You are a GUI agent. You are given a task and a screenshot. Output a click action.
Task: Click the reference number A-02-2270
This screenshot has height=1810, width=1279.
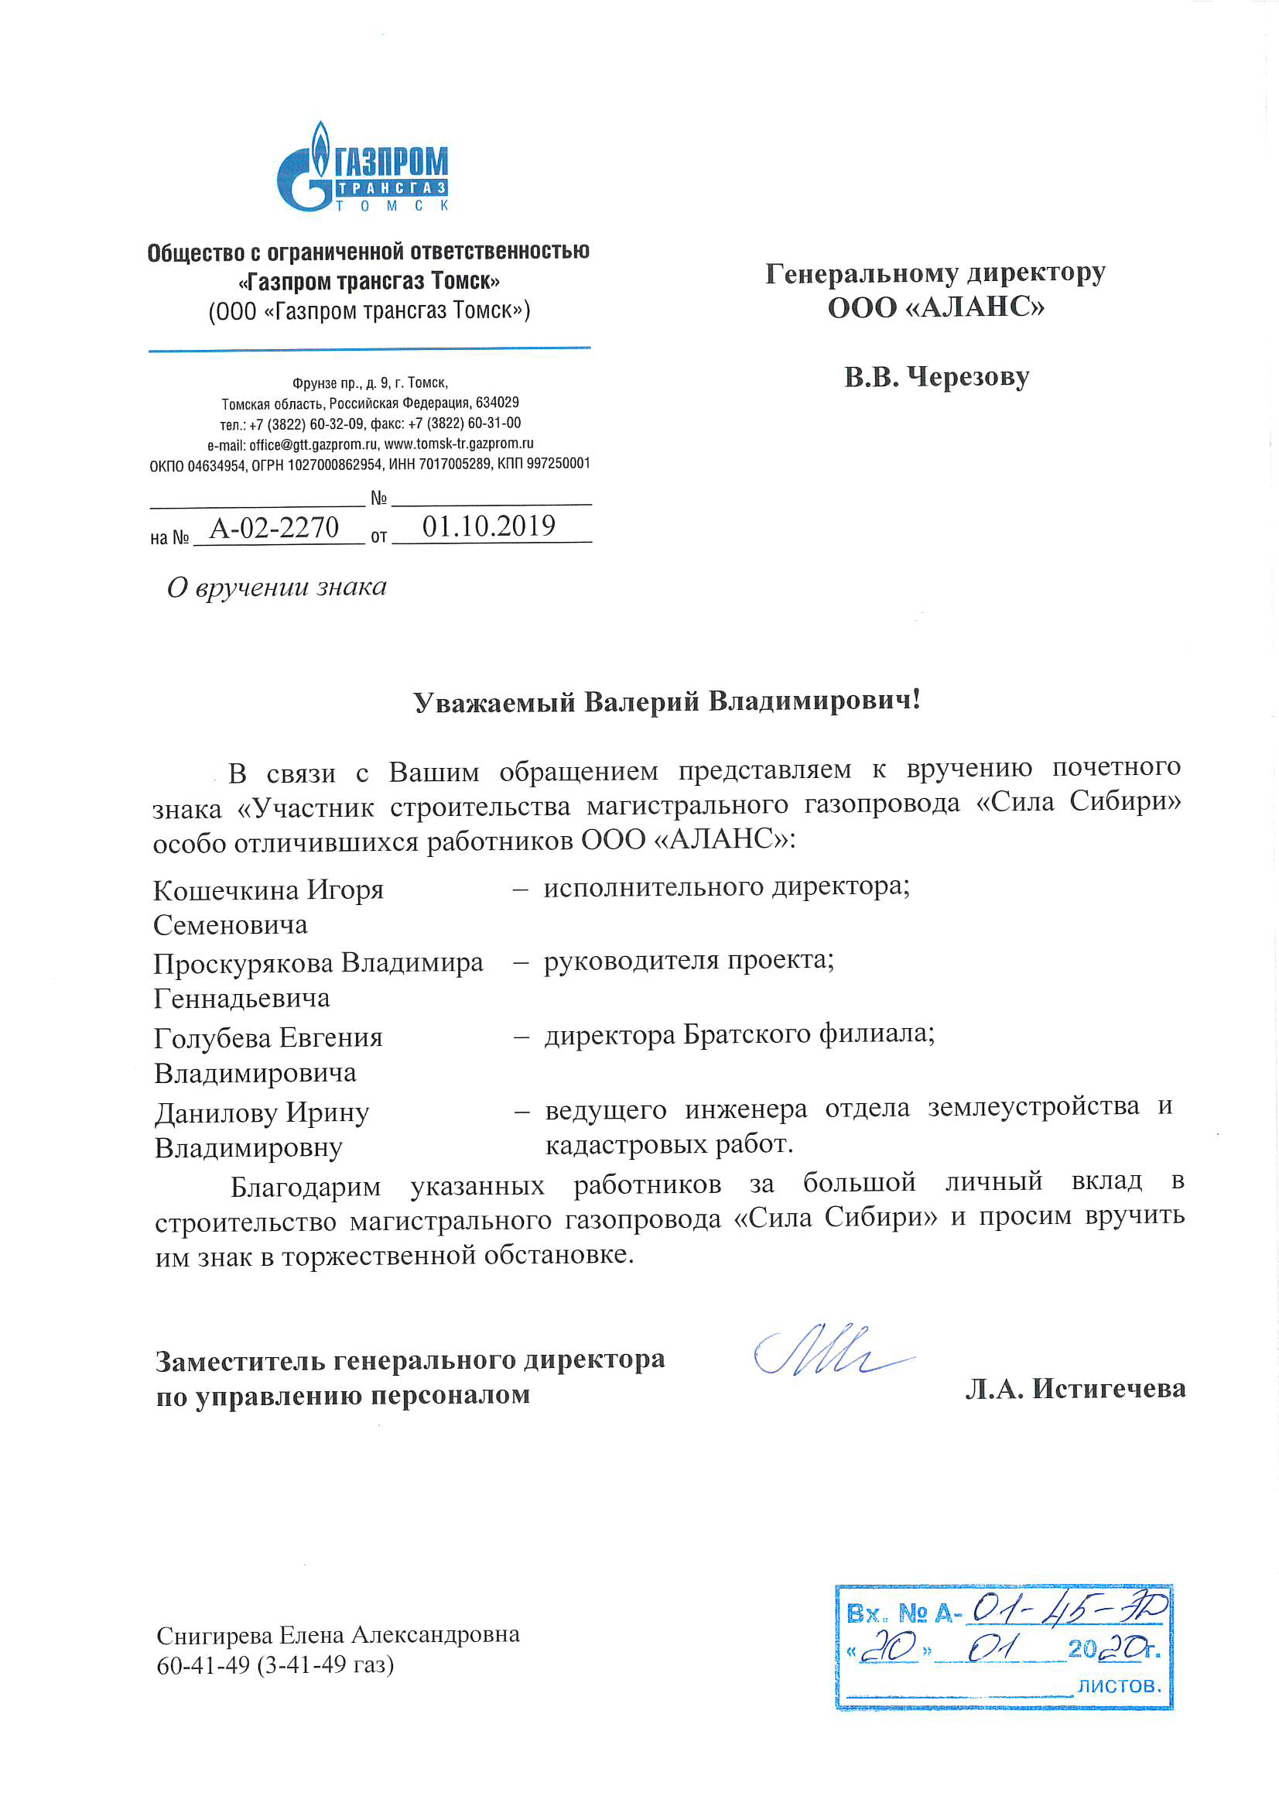(274, 527)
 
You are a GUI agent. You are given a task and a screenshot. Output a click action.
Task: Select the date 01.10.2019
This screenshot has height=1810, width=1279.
(488, 526)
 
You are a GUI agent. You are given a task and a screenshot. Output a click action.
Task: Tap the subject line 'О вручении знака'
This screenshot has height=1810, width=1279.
(276, 587)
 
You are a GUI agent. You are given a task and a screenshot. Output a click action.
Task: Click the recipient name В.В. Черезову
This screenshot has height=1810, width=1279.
(936, 377)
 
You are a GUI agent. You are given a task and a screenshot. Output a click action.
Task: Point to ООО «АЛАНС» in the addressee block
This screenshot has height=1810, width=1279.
(935, 307)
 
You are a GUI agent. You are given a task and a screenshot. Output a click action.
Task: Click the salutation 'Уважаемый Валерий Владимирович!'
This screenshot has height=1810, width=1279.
(667, 701)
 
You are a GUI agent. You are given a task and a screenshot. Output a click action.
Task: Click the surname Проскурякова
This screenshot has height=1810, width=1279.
(244, 962)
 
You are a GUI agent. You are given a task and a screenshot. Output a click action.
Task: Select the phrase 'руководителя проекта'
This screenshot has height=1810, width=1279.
(687, 959)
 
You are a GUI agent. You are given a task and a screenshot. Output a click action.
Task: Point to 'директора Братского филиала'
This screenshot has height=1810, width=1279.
(737, 1034)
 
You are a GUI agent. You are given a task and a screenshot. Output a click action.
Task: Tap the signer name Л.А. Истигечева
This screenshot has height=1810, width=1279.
(1075, 1388)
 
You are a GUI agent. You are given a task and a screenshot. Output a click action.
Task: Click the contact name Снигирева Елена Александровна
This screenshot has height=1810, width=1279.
(337, 1635)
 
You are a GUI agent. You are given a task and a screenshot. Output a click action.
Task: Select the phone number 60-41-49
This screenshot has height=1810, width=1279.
(203, 1664)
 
